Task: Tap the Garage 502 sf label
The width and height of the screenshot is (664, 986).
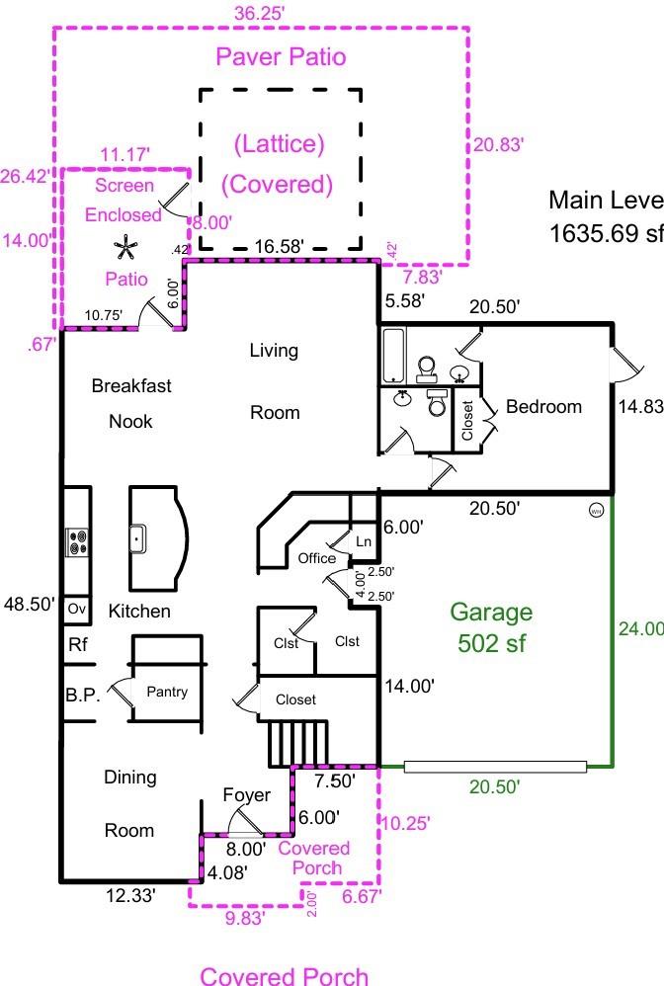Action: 491,628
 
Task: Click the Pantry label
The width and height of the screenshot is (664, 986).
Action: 167,692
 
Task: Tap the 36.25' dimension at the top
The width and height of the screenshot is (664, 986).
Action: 260,13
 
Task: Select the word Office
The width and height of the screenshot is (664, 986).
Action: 317,558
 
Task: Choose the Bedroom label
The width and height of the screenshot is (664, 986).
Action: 543,406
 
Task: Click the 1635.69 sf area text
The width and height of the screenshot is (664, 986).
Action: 605,236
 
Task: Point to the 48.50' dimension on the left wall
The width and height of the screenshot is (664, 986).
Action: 28,605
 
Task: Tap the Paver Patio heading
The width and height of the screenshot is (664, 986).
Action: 282,56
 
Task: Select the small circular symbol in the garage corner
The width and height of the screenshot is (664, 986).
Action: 596,511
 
